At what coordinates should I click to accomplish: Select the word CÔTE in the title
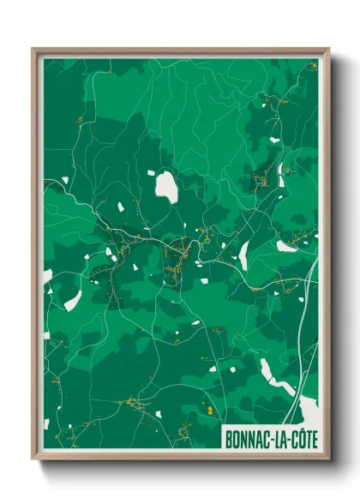point(304,438)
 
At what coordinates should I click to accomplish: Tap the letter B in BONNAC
point(228,438)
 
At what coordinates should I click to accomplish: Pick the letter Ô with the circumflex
point(301,437)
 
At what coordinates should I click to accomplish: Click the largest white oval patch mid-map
point(166,188)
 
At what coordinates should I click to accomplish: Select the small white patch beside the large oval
point(151,173)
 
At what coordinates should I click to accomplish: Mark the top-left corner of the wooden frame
point(33,49)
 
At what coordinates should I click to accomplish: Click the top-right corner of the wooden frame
point(328,49)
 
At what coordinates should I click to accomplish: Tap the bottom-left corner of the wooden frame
point(33,458)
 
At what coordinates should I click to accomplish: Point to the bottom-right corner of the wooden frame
point(328,458)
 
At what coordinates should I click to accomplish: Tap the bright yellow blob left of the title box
point(207,411)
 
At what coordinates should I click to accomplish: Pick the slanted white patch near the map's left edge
point(74,300)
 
